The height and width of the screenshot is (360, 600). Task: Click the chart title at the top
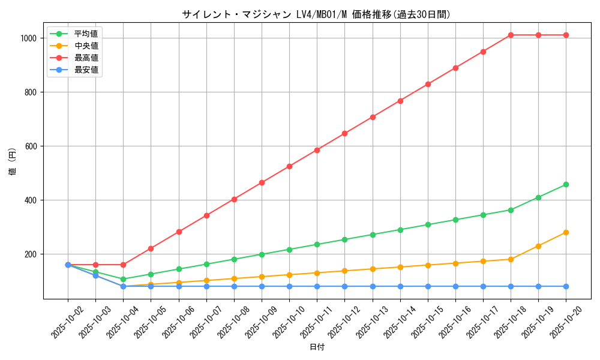pyautogui.click(x=316, y=14)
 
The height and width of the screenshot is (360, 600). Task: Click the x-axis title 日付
pyautogui.click(x=316, y=347)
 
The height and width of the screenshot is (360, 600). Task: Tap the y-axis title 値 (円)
pyautogui.click(x=13, y=162)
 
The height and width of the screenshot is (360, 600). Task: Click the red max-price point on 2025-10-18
pyautogui.click(x=511, y=35)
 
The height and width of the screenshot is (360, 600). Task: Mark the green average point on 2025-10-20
pyautogui.click(x=566, y=184)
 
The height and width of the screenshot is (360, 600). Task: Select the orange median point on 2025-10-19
pyautogui.click(x=538, y=246)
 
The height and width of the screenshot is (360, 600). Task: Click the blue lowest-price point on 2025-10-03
pyautogui.click(x=95, y=275)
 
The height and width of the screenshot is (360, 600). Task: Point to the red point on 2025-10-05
pyautogui.click(x=151, y=248)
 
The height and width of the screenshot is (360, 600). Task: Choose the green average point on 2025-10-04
pyautogui.click(x=123, y=279)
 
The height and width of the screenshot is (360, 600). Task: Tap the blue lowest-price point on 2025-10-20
pyautogui.click(x=566, y=286)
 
